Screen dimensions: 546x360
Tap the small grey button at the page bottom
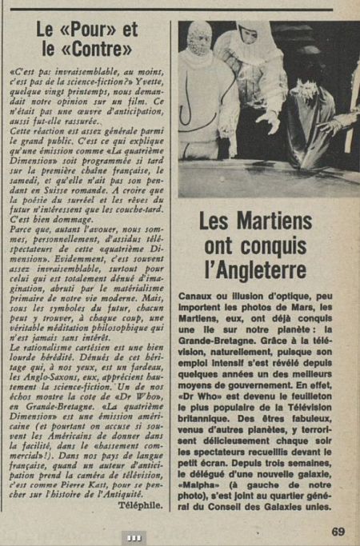pos(134,536)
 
